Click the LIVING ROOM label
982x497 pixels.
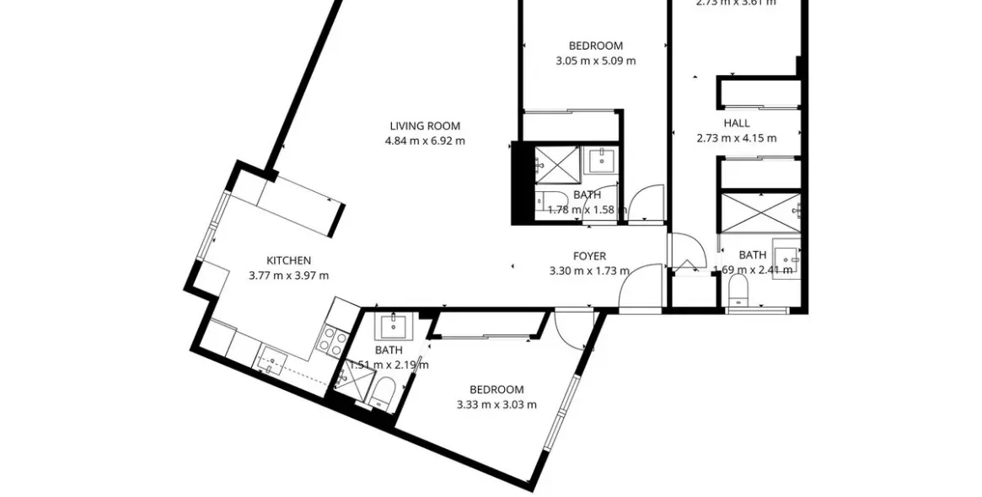[424, 126]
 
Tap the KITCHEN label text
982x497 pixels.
[288, 260]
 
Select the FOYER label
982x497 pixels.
[589, 257]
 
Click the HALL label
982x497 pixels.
[736, 123]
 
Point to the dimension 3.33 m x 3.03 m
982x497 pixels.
[496, 404]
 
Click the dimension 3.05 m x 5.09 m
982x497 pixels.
[595, 61]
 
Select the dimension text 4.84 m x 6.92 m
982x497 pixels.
[424, 141]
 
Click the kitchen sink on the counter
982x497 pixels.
[272, 360]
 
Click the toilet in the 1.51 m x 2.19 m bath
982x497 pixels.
[383, 392]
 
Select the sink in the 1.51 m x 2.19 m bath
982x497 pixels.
[391, 325]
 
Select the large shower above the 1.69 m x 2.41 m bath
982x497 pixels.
[759, 211]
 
